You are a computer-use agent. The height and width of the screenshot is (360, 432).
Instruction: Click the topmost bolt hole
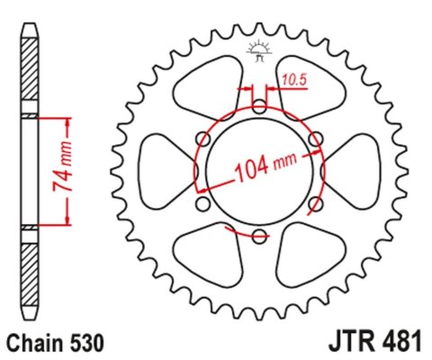259,107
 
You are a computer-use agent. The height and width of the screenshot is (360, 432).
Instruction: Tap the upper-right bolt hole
315,139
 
